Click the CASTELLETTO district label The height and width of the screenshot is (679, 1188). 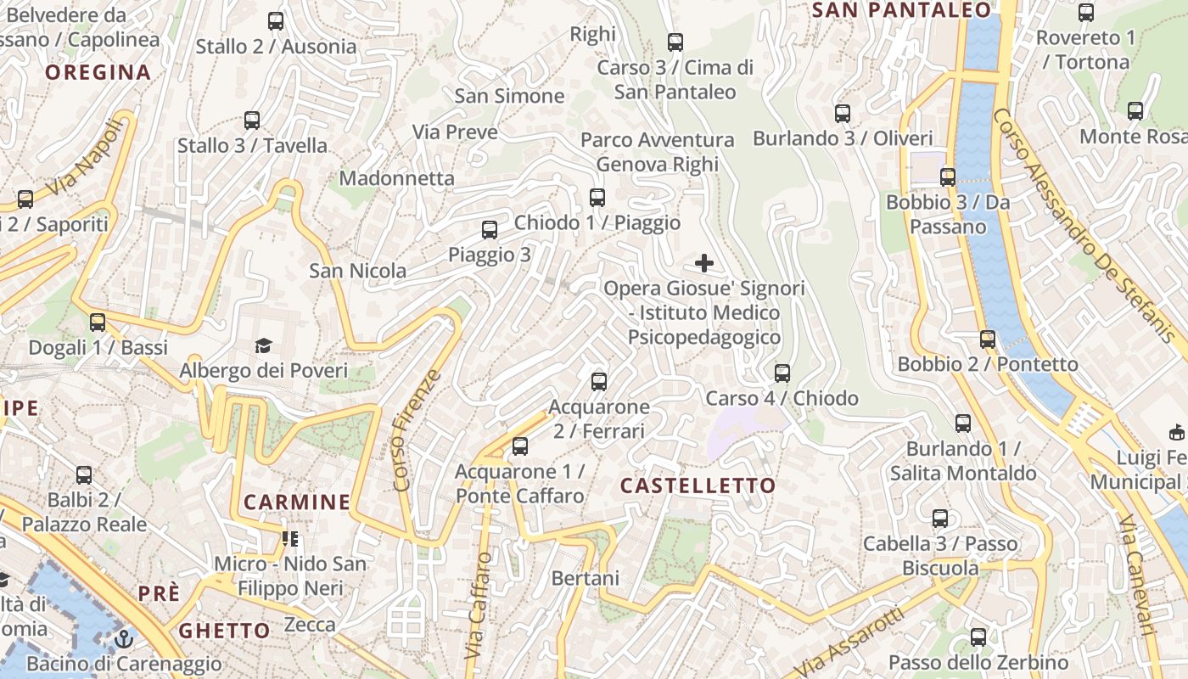[698, 485]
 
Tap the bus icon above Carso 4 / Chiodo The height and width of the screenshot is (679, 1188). [782, 373]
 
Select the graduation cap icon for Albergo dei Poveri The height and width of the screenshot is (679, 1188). [264, 345]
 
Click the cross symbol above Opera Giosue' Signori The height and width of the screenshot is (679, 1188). [704, 263]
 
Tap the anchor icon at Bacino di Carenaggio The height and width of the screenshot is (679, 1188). [125, 638]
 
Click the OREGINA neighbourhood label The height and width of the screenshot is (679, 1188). [98, 72]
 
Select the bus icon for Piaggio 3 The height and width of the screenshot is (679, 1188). [490, 229]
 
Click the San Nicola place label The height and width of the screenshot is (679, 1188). [357, 271]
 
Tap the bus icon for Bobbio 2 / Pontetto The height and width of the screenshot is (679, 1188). [988, 339]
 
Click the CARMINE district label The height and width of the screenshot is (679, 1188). [297, 502]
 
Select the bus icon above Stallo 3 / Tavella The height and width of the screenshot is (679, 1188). [252, 120]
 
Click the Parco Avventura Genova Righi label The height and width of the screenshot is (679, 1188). [658, 151]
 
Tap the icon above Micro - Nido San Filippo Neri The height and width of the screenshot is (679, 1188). [290, 538]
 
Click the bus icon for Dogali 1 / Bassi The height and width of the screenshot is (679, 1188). [98, 322]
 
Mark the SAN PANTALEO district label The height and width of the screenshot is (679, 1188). [901, 10]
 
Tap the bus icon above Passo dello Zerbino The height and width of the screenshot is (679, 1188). [978, 637]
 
